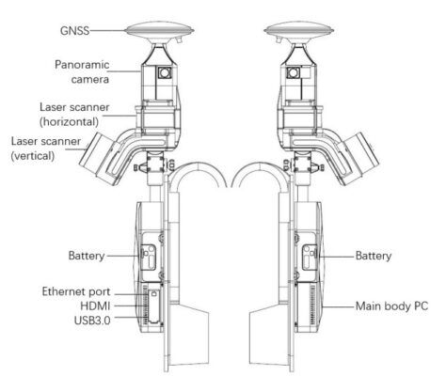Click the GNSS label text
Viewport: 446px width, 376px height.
(x=74, y=31)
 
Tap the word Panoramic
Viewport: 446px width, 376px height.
(x=82, y=65)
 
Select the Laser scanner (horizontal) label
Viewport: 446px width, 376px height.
(x=74, y=115)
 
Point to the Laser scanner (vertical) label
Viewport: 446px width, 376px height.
(x=46, y=149)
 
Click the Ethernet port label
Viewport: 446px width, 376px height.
(x=76, y=291)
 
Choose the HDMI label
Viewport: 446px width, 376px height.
(x=95, y=305)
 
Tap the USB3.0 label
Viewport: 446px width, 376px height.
(x=92, y=321)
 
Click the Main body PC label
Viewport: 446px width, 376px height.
(x=391, y=305)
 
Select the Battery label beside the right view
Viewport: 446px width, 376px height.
(x=374, y=256)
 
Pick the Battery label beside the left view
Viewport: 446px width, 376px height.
(x=87, y=256)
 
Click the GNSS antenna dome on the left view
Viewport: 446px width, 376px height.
(x=159, y=29)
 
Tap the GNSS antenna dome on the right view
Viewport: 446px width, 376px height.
(x=298, y=29)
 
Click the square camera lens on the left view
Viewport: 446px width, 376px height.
(x=164, y=73)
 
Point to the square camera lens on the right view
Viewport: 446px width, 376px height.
(x=294, y=73)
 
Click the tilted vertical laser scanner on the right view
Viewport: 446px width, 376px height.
(x=357, y=158)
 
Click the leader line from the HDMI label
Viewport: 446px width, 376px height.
(x=125, y=305)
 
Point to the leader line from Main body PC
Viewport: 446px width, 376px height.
(x=338, y=306)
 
